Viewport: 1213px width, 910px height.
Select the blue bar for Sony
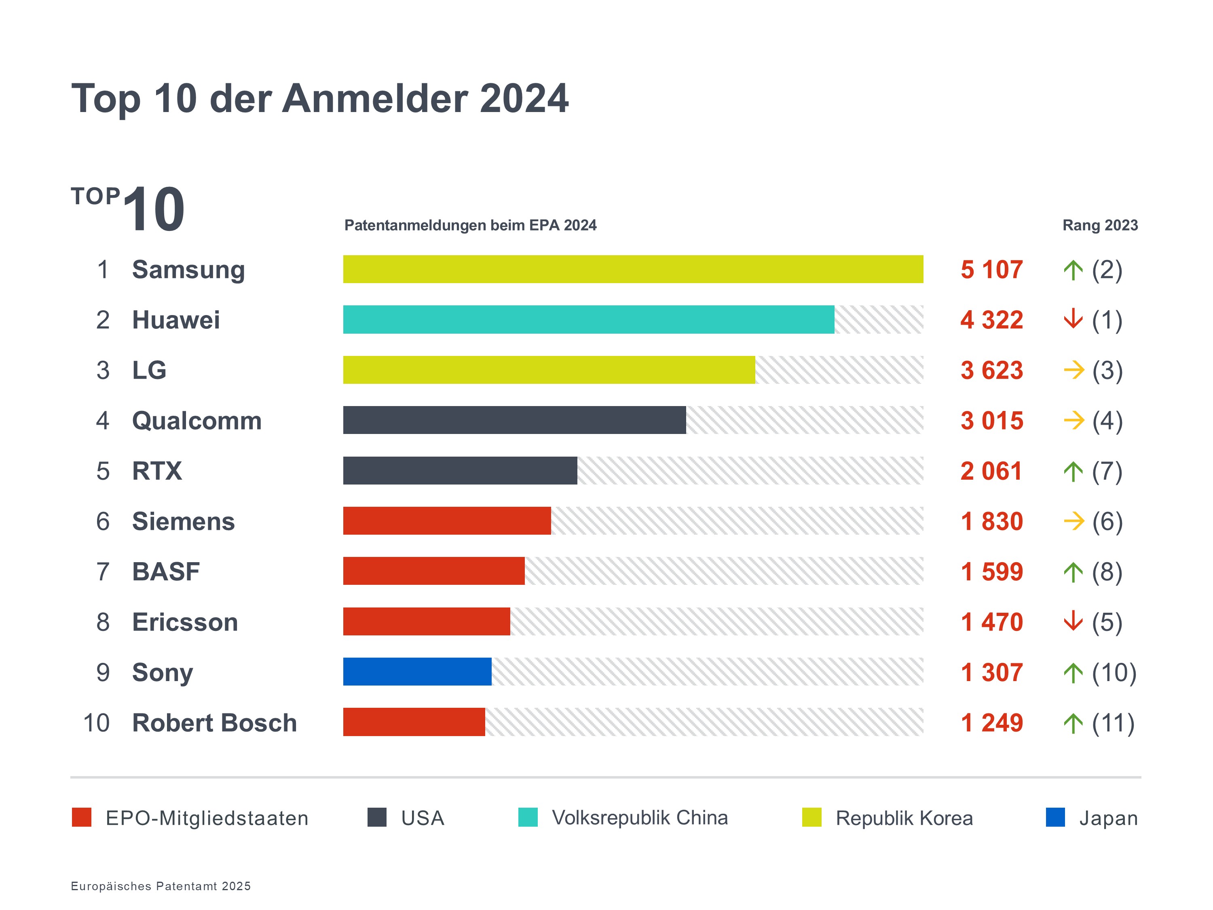417,671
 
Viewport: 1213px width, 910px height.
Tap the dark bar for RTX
460,471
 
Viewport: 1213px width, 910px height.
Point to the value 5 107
991,270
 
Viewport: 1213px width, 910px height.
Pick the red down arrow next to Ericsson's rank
1073,622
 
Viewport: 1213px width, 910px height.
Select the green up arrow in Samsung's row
1073,270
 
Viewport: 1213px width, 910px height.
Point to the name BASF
166,571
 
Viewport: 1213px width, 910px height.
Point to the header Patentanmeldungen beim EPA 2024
470,225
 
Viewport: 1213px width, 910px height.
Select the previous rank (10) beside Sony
1114,673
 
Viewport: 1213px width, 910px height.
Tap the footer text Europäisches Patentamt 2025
161,886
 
